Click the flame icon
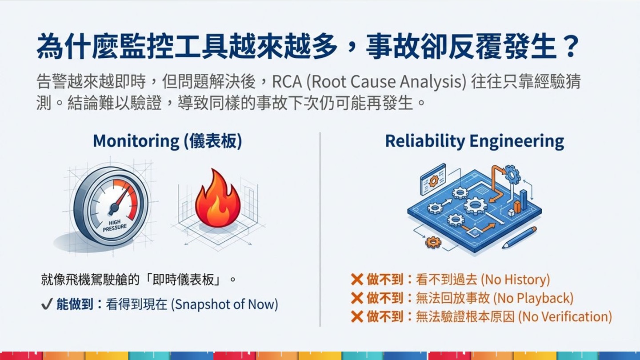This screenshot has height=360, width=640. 218,199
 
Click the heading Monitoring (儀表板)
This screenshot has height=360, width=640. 168,141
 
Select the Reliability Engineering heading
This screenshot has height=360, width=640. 474,141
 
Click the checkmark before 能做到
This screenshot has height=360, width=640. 47,304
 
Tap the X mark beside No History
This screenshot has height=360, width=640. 357,280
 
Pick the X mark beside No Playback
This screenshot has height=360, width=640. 357,298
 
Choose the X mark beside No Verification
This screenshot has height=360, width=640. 357,317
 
